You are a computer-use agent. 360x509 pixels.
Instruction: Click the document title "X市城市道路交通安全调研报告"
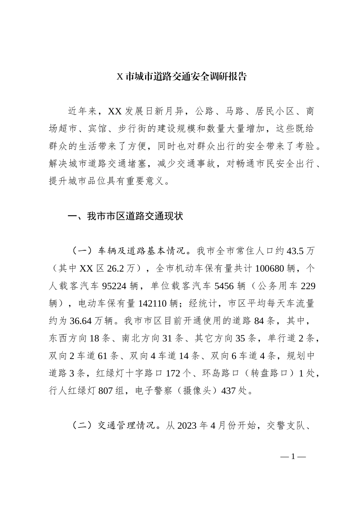182,77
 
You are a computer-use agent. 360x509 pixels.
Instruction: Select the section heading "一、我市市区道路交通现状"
125,216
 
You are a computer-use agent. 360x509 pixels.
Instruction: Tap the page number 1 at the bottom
293,457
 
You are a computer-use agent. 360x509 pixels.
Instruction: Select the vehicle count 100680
269,269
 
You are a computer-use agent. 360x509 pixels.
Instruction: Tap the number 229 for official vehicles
307,286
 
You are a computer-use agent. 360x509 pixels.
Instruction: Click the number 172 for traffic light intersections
174,373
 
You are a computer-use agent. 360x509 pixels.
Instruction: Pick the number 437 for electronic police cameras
229,390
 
